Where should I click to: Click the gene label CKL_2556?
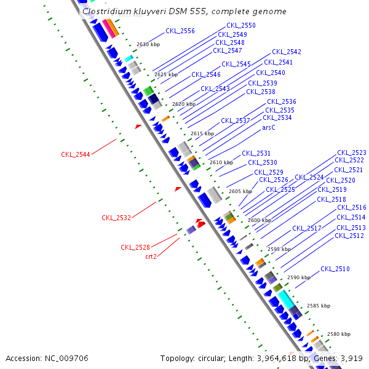[180, 31]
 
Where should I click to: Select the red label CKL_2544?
[76, 154]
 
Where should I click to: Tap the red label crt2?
[151, 256]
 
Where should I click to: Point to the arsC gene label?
[269, 127]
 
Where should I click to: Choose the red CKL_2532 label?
[116, 218]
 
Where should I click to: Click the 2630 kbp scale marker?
[148, 45]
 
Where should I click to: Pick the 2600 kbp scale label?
[260, 220]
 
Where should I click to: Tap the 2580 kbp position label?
[338, 334]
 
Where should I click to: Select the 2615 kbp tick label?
[202, 133]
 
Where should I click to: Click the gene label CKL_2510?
[335, 269]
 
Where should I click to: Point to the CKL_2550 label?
[241, 25]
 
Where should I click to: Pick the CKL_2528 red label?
[135, 247]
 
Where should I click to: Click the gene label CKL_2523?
[352, 153]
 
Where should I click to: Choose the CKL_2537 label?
[236, 121]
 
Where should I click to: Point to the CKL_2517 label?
[307, 228]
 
